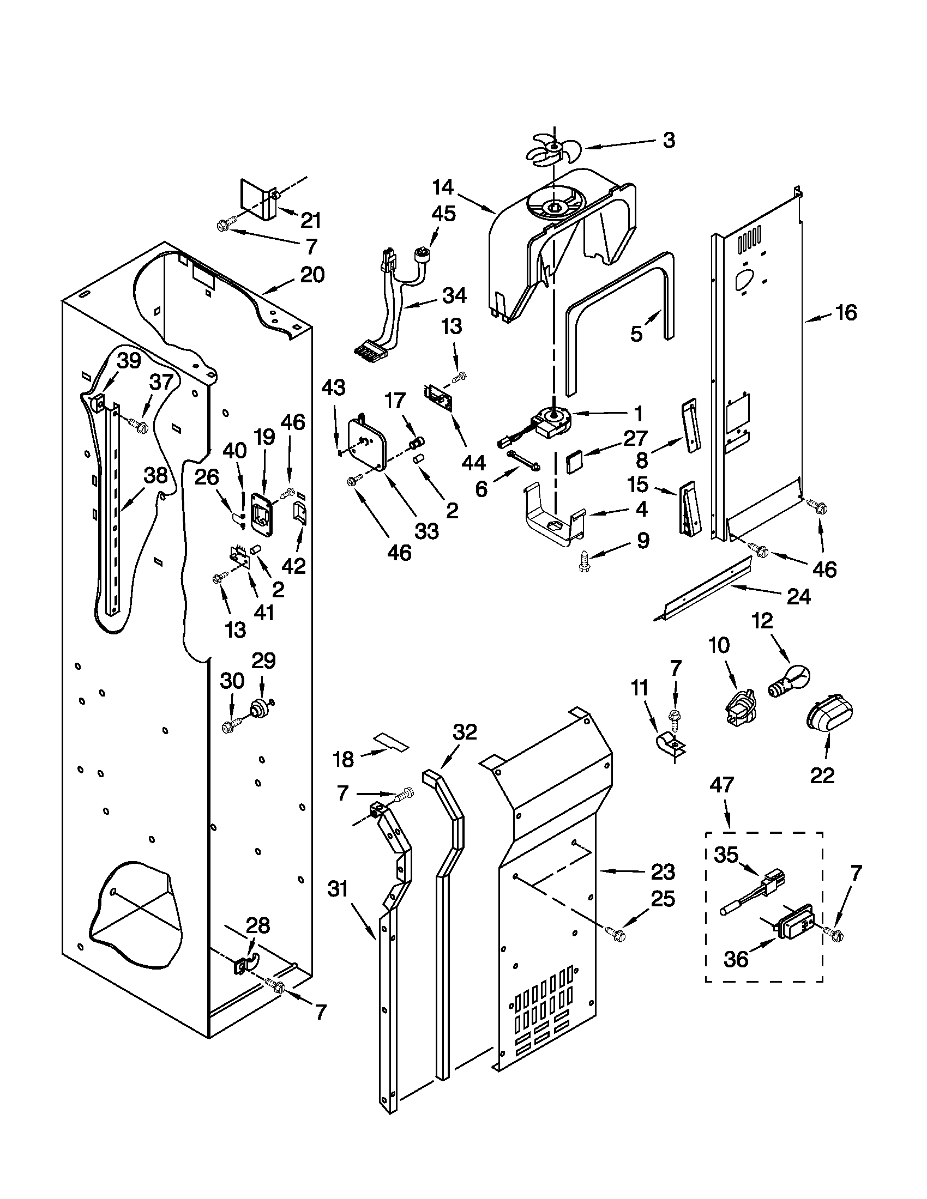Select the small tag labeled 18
(392, 742)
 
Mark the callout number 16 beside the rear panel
(846, 312)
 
